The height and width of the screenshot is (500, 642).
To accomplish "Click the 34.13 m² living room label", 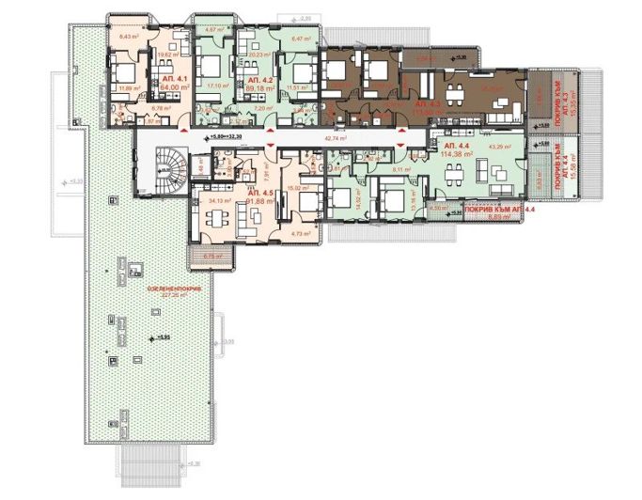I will (x=219, y=200).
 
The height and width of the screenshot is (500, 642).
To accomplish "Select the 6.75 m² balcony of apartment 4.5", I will (x=211, y=255).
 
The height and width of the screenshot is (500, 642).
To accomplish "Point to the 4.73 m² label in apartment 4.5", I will (x=301, y=233).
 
